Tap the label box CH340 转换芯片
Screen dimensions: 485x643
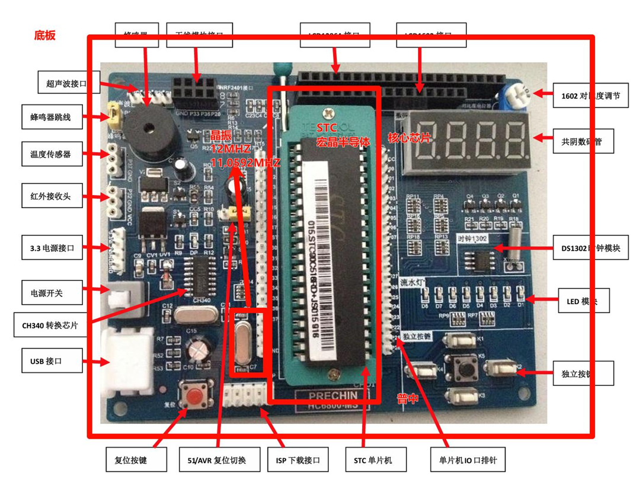[50, 325]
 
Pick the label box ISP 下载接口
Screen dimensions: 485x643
[298, 460]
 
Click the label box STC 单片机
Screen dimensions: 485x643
[372, 460]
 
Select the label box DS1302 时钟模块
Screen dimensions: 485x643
[591, 248]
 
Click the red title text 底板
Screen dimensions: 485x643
[45, 36]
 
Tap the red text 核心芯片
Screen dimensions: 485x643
[409, 138]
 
